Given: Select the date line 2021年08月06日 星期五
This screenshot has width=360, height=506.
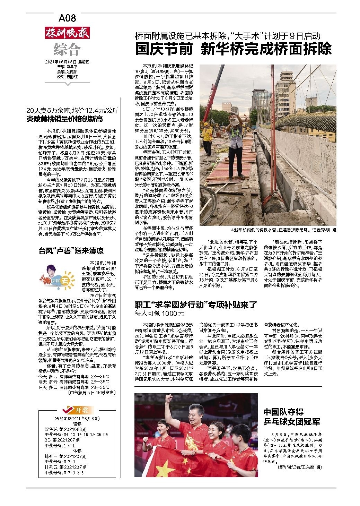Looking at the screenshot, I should click(67, 62).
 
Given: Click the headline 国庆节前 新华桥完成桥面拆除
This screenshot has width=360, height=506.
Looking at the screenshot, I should click(233, 49).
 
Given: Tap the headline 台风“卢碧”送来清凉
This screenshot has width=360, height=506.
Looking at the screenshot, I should click(71, 250).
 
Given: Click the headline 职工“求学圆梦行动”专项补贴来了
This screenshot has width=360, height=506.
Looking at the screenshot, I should click(196, 305).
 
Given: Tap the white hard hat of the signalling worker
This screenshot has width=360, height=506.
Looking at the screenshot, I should click(236, 120).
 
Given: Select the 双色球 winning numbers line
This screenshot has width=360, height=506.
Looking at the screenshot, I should click(76, 434).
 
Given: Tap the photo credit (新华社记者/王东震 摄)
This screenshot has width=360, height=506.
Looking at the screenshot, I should click(300, 467).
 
